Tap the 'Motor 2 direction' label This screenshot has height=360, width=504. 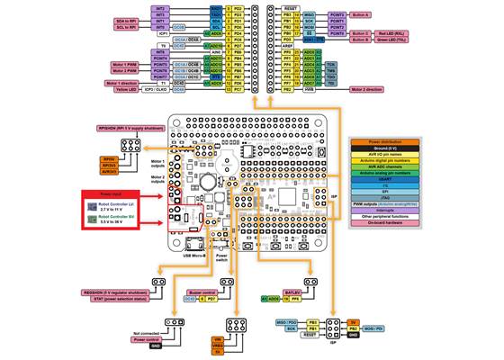click(x=372, y=90)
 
